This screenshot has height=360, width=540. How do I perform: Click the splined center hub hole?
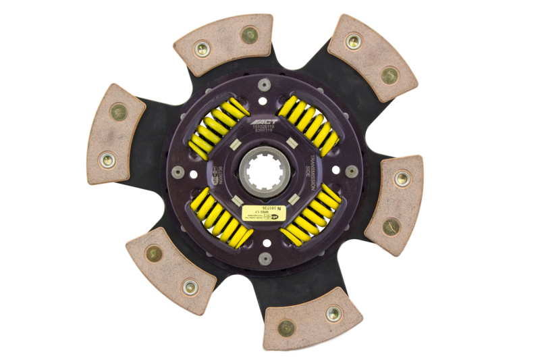coord(265,172)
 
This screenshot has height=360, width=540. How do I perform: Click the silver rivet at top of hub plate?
coord(265,84)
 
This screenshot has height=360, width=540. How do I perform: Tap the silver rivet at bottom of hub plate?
coord(265,258)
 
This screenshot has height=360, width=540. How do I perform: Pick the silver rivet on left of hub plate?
coord(178,172)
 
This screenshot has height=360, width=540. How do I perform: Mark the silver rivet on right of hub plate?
coord(352,171)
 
